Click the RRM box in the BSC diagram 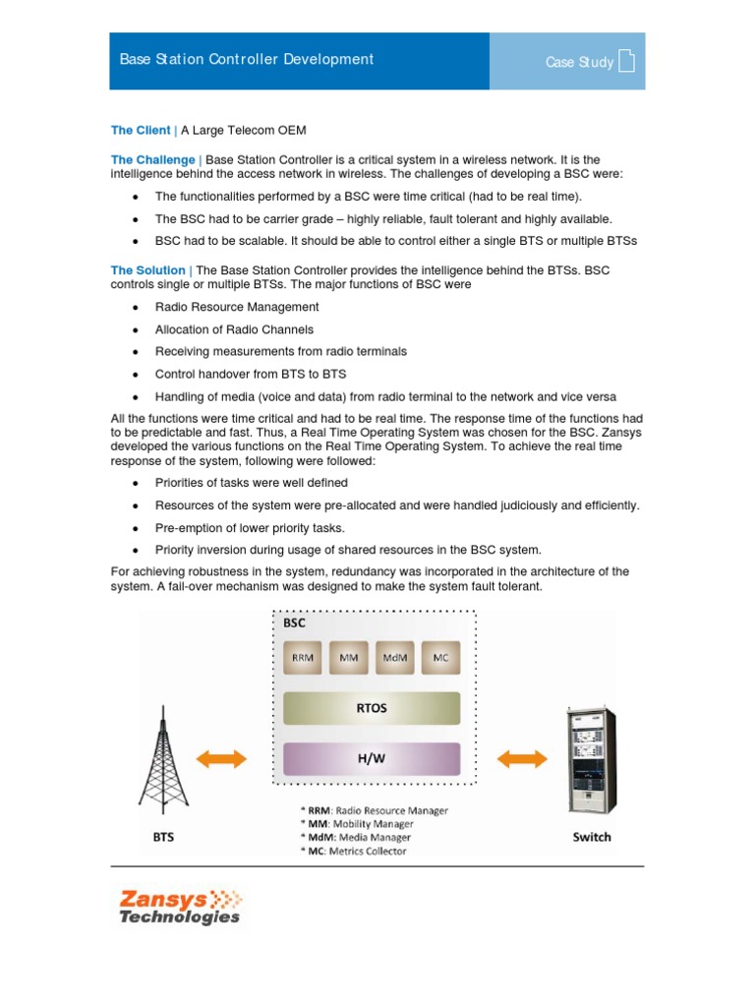tap(303, 658)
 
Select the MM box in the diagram tap(349, 658)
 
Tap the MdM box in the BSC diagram tap(394, 658)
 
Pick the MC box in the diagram tap(440, 658)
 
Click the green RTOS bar tap(372, 707)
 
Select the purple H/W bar tap(372, 758)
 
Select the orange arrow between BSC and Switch tap(522, 758)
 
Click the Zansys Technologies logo tap(179, 906)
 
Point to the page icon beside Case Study tap(626, 62)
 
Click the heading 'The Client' tap(140, 130)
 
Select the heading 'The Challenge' tap(152, 159)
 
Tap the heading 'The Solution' tap(147, 270)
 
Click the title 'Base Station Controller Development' tap(246, 60)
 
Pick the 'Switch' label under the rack tap(592, 837)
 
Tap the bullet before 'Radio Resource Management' tap(134, 308)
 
